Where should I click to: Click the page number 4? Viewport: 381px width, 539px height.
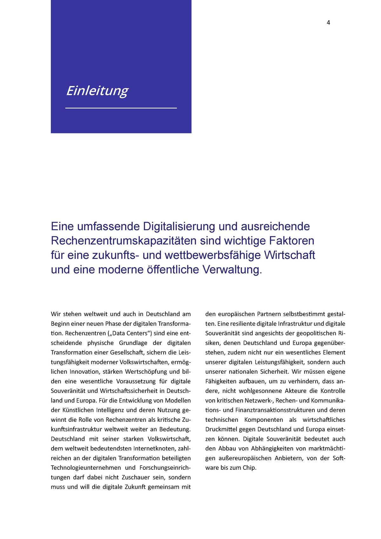pyautogui.click(x=328, y=23)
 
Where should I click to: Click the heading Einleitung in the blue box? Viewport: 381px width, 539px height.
pyautogui.click(x=97, y=91)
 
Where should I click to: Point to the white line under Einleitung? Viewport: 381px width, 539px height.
pyautogui.click(x=121, y=108)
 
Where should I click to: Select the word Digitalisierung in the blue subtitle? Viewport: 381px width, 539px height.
pyautogui.click(x=179, y=226)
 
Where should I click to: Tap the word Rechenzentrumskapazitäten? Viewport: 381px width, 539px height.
pyautogui.click(x=124, y=241)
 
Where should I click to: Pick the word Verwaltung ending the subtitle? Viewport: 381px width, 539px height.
pyautogui.click(x=232, y=270)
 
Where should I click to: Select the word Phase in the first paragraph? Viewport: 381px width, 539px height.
pyautogui.click(x=113, y=324)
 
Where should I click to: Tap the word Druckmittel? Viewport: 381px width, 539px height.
pyautogui.click(x=221, y=429)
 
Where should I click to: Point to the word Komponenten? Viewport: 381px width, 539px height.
pyautogui.click(x=264, y=420)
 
